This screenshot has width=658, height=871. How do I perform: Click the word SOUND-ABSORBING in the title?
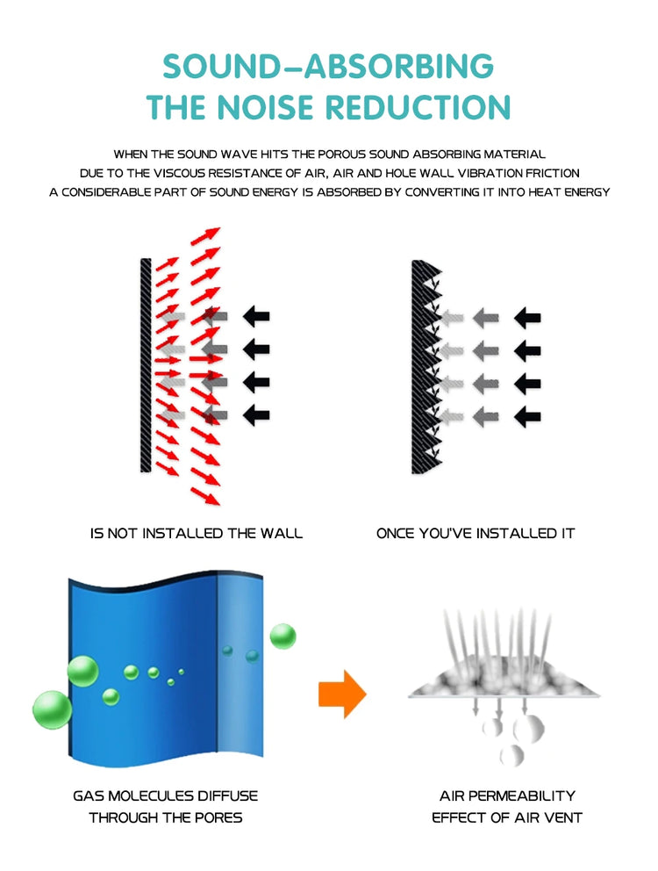pos(328,66)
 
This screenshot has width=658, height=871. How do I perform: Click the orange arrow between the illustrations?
pos(342,694)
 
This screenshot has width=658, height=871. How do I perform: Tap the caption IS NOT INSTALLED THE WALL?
pos(197,533)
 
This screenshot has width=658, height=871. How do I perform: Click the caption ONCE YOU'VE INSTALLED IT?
pos(476,533)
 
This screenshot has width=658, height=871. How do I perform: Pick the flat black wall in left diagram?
pos(146,365)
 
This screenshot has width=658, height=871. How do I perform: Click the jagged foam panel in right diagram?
pos(425,367)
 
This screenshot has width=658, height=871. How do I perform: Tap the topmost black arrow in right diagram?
pos(527,318)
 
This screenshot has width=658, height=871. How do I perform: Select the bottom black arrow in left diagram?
pos(256,415)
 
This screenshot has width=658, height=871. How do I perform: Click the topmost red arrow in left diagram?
pos(205,236)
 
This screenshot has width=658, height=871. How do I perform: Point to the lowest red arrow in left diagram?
pos(205,495)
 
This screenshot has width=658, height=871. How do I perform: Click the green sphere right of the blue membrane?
pos(283,636)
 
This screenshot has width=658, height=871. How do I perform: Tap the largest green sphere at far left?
pos(52,709)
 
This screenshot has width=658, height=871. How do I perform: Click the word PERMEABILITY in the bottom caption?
pos(522,796)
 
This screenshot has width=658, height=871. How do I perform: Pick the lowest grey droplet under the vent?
pos(511,755)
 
